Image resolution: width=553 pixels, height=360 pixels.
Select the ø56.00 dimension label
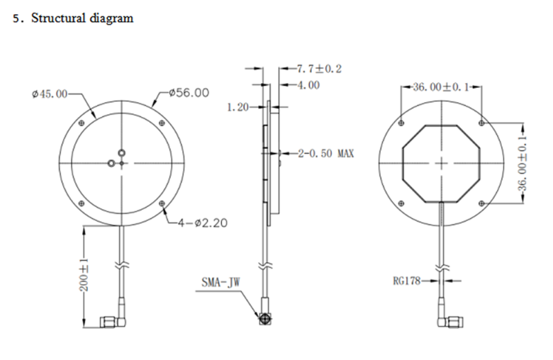point(189,93)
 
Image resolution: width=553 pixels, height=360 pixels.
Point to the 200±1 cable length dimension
point(83,276)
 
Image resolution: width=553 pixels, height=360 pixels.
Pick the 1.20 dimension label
point(239,108)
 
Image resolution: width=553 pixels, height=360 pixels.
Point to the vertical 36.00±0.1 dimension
point(523,163)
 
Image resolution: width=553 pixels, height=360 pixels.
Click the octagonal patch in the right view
point(442,162)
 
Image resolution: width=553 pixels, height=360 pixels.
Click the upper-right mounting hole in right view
point(482,123)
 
